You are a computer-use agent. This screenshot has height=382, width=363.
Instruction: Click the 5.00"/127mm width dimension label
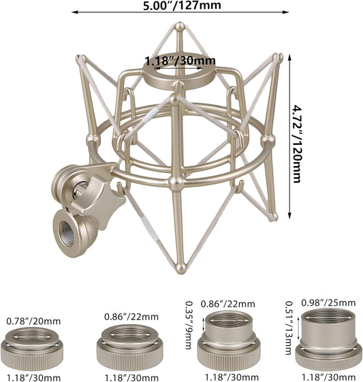pos(182,5)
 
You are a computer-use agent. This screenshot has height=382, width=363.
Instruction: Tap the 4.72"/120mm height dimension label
pos(297,144)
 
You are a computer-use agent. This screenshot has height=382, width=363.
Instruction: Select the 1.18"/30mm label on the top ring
pos(180,61)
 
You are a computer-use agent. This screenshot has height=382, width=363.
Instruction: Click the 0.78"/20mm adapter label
pos(33,321)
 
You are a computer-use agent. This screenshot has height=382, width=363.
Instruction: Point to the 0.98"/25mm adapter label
pos(328,303)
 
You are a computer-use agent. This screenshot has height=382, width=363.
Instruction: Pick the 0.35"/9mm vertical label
pos(189,325)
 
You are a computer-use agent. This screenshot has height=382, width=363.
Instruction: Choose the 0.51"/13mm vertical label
pos(289,328)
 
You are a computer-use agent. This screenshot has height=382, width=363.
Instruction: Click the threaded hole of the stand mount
pos(67,234)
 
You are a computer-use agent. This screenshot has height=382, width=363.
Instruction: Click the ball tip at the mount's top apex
pos(180,26)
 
